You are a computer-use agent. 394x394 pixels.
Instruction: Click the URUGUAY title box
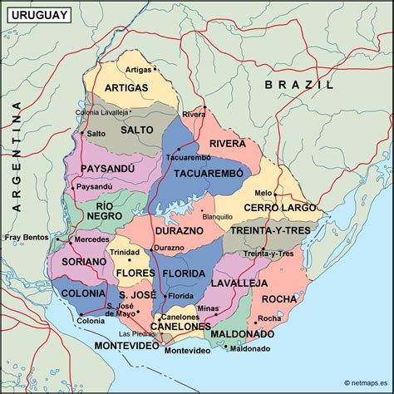coord(36,14)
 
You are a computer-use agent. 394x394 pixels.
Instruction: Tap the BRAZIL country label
coord(299,85)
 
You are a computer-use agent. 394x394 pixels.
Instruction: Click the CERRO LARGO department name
coord(286,207)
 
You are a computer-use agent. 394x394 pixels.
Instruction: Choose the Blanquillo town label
coord(218,215)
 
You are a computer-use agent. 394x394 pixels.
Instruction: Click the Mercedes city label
coord(91,239)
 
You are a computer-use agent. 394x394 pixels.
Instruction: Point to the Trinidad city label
coord(125,252)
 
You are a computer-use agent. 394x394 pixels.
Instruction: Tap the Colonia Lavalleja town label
coord(102,112)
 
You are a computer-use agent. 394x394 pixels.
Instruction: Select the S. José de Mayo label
coord(121,310)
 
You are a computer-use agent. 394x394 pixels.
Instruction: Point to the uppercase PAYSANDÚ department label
coord(108,169)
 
